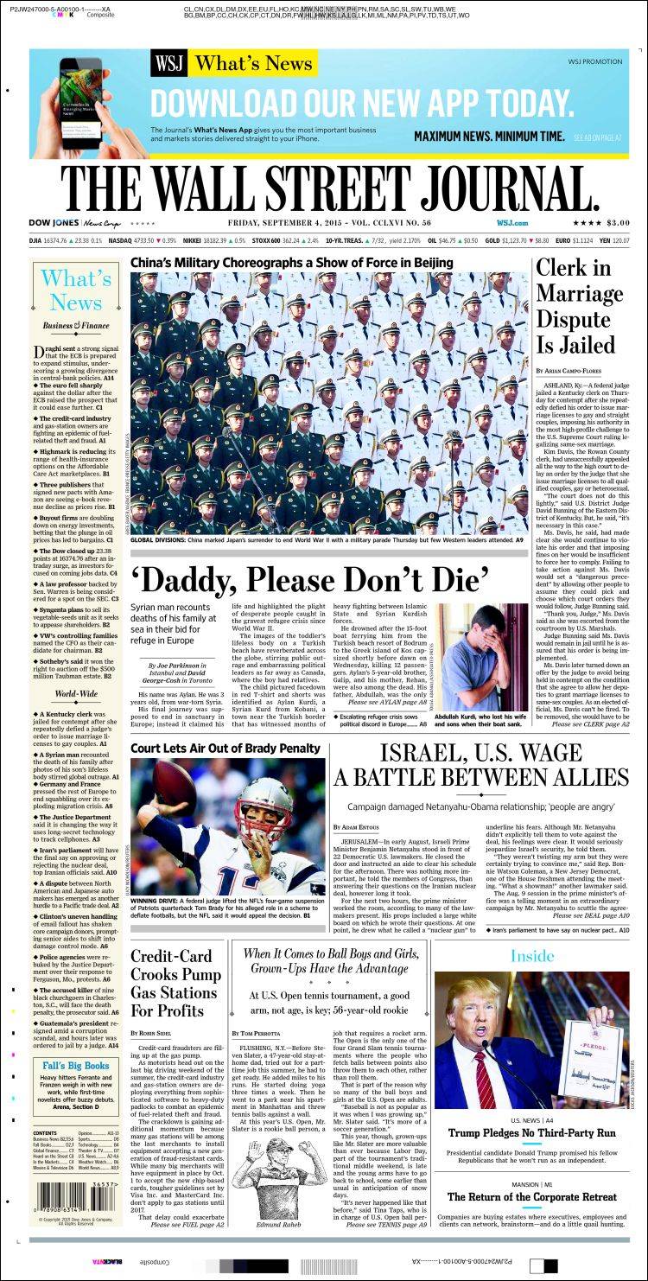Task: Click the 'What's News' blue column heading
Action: coord(76,290)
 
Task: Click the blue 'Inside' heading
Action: coord(531,955)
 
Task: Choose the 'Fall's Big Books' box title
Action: coord(76,1066)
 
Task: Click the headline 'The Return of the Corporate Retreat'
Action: coord(531,1197)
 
